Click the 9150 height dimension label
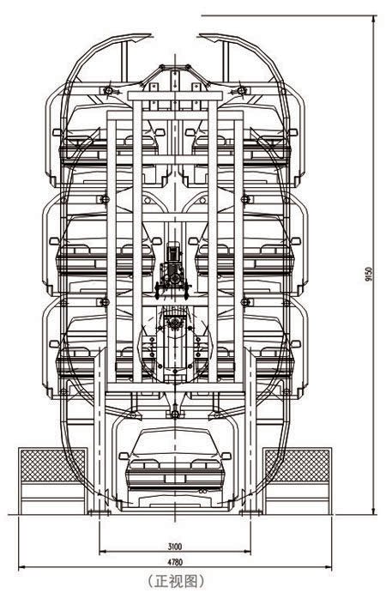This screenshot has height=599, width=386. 369,275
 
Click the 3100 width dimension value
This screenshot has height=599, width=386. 175,547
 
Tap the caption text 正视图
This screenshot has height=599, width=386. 176,581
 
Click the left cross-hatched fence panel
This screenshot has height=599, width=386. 53,465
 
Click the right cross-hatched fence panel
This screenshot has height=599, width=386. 298,465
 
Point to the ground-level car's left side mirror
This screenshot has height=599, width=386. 124,456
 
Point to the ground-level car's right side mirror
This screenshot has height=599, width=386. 226,456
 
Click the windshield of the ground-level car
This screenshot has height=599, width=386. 175,442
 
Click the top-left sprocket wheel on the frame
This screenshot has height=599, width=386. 108,91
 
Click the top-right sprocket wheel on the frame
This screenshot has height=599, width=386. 241,91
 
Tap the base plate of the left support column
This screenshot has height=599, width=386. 100,512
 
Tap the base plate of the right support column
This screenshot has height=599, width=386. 250,512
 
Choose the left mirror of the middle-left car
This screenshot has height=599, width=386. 55,241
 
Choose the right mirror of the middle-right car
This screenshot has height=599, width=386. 296,241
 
